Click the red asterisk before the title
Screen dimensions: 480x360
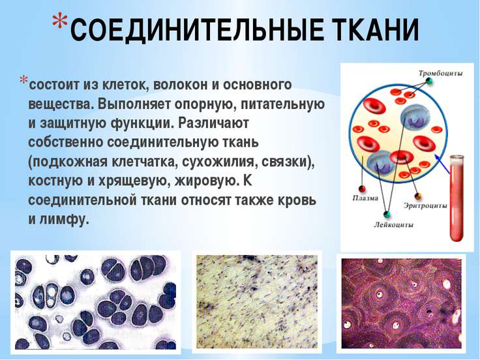pos(59,22)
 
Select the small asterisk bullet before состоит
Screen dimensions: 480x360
pos(23,80)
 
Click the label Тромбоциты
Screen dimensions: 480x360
pos(440,74)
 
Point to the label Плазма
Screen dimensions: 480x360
pos(365,198)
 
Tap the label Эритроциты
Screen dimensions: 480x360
pos(425,205)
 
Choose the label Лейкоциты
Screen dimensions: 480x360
pos(393,225)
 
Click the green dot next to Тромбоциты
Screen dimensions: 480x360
pos(429,82)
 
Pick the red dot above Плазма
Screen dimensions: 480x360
pos(363,188)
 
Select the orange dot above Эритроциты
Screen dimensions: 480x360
pos(418,196)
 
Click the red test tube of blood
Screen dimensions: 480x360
pos(457,198)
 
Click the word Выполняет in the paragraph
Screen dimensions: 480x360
pos(134,104)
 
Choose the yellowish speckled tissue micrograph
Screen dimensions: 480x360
pos(257,302)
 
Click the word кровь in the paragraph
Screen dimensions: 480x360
pos(296,200)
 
